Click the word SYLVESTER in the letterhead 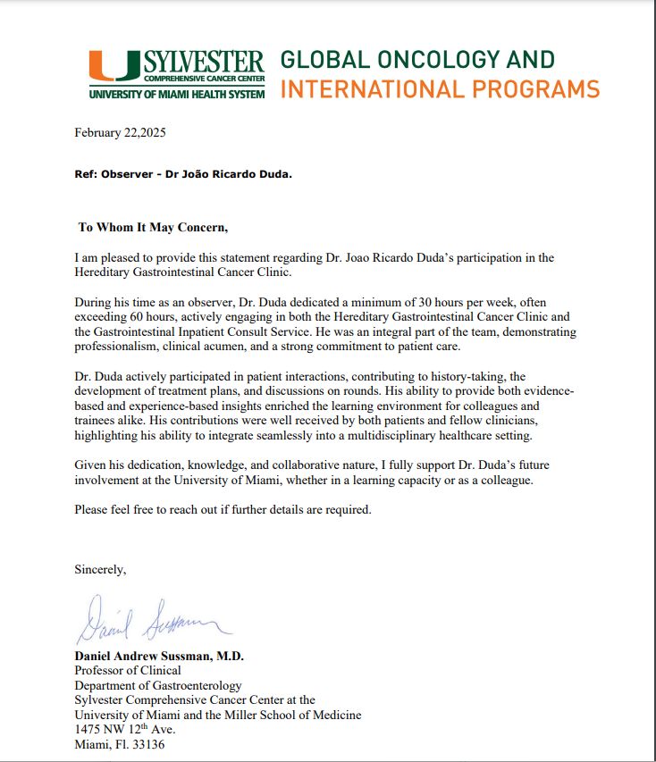[x=204, y=63]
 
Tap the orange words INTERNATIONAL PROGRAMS [x=440, y=89]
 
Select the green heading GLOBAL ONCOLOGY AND [x=417, y=60]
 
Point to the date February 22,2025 [x=121, y=132]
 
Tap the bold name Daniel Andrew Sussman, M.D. [x=159, y=656]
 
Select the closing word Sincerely [x=100, y=568]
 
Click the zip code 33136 [x=147, y=744]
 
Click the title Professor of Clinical [x=128, y=670]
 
